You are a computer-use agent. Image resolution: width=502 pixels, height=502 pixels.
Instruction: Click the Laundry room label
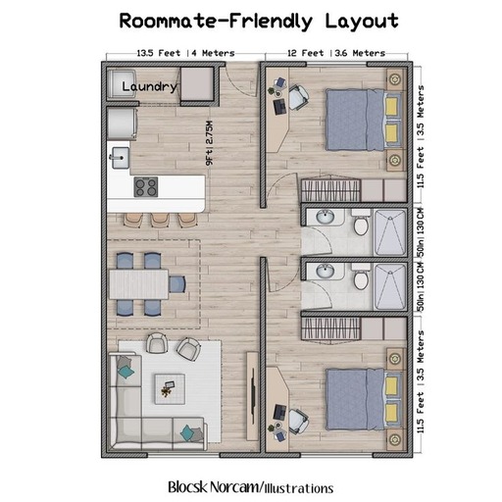(x=149, y=86)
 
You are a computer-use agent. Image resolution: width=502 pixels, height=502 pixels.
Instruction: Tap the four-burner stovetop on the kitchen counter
(x=146, y=187)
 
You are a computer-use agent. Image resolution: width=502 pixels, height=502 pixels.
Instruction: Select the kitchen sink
(x=121, y=158)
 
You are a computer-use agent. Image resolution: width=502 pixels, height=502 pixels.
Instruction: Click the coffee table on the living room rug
(x=170, y=389)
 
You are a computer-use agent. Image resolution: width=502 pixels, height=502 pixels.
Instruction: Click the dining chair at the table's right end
(x=177, y=284)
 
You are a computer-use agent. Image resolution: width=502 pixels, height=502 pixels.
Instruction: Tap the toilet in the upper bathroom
(x=361, y=224)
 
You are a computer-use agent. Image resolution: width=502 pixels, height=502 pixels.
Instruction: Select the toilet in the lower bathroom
(x=361, y=277)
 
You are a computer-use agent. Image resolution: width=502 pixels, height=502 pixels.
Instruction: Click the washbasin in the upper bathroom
(x=326, y=217)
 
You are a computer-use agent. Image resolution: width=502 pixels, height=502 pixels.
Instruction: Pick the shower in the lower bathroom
(x=390, y=286)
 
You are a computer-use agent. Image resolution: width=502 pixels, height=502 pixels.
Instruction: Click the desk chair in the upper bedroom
(x=298, y=97)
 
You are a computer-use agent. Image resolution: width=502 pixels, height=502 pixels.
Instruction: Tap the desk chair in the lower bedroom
(x=298, y=422)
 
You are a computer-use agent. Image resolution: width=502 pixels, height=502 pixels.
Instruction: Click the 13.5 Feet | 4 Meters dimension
(x=185, y=53)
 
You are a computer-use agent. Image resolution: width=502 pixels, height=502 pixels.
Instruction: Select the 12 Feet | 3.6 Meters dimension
(x=336, y=53)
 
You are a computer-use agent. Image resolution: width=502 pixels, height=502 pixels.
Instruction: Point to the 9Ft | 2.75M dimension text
(x=209, y=143)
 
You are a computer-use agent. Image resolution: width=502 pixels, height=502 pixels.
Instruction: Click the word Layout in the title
(x=362, y=22)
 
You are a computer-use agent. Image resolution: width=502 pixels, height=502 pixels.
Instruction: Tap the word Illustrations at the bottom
(x=299, y=488)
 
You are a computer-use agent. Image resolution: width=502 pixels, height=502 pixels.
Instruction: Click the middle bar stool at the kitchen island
(x=160, y=220)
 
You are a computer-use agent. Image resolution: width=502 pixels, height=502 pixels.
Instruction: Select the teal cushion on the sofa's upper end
(x=125, y=372)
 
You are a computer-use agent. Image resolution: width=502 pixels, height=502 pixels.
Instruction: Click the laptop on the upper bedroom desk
(x=280, y=107)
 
